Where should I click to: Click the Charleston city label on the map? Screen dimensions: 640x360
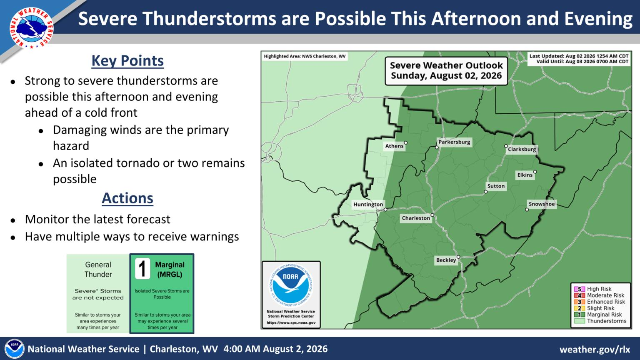(416, 218)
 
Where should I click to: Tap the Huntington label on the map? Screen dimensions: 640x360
(368, 204)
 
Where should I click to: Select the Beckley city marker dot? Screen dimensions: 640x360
(458, 257)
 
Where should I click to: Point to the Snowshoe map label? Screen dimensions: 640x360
(542, 204)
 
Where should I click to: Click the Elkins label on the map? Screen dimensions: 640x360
(525, 175)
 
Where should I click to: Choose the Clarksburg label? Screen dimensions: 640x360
(522, 149)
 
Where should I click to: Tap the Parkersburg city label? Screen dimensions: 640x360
(454, 142)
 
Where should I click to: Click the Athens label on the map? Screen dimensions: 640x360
(394, 146)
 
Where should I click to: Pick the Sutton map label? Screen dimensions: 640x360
(496, 186)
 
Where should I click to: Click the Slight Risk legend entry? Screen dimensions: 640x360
(594, 308)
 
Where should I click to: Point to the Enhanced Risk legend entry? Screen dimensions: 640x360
(600, 302)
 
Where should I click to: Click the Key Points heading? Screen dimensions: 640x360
(127, 61)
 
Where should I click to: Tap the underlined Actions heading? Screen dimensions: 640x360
(127, 198)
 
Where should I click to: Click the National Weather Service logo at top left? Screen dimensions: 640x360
(31, 28)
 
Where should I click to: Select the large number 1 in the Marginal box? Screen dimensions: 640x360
(142, 269)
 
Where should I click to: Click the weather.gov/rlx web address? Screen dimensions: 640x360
(595, 349)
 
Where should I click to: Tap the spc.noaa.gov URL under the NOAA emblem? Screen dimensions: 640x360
(291, 322)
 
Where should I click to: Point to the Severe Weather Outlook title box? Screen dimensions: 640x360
(446, 71)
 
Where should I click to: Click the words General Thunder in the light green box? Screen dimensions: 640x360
(98, 270)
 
